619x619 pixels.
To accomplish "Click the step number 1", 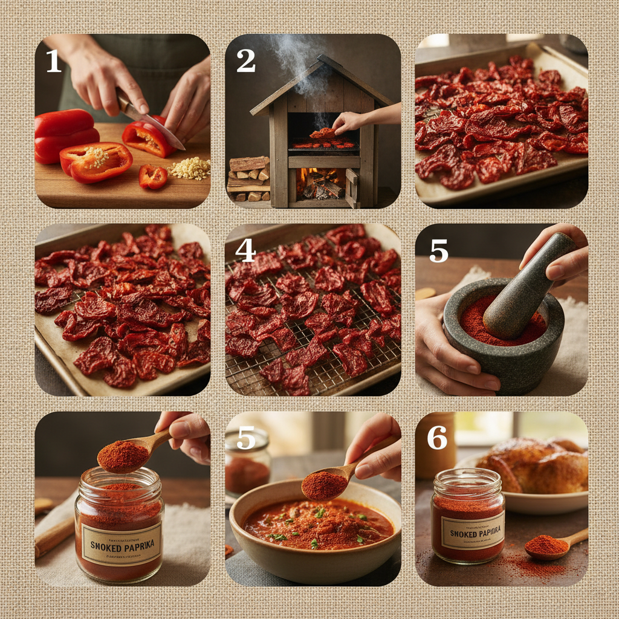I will [x=54, y=61].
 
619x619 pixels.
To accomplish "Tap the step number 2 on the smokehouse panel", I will [x=245, y=61].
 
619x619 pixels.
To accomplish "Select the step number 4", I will [x=245, y=250].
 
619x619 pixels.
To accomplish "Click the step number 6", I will [x=436, y=438].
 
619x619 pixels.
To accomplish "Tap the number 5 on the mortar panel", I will [x=438, y=250].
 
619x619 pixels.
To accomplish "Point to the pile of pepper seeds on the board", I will [x=189, y=168].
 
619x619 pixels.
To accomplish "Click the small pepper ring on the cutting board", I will [x=152, y=177].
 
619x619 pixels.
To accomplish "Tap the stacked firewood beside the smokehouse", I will [x=248, y=178].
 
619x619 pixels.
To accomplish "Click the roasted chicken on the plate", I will [x=532, y=465].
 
